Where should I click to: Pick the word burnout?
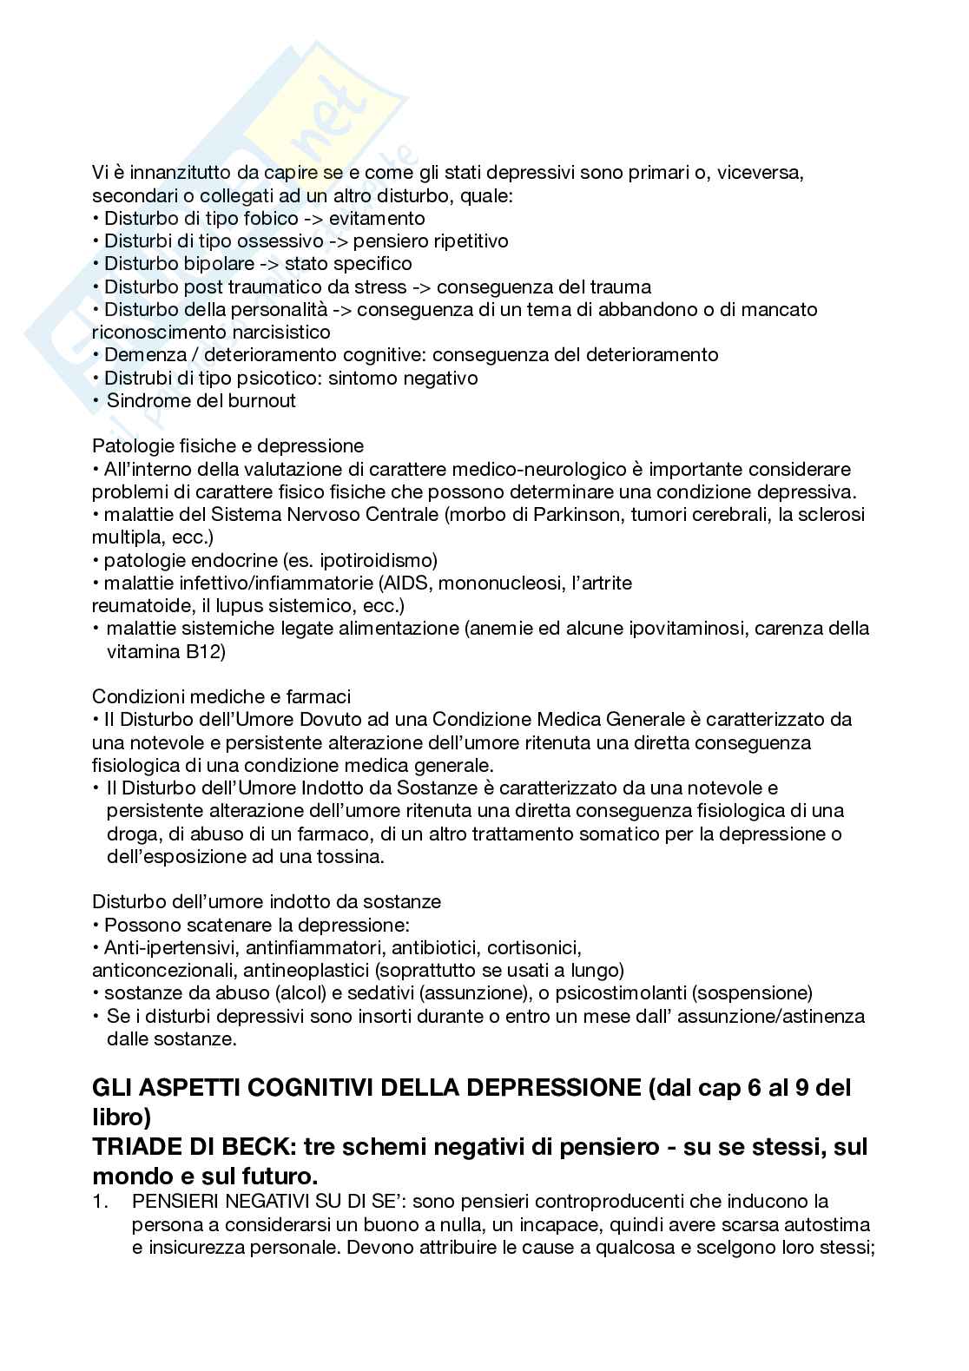tap(262, 400)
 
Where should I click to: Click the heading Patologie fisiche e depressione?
tap(227, 446)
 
